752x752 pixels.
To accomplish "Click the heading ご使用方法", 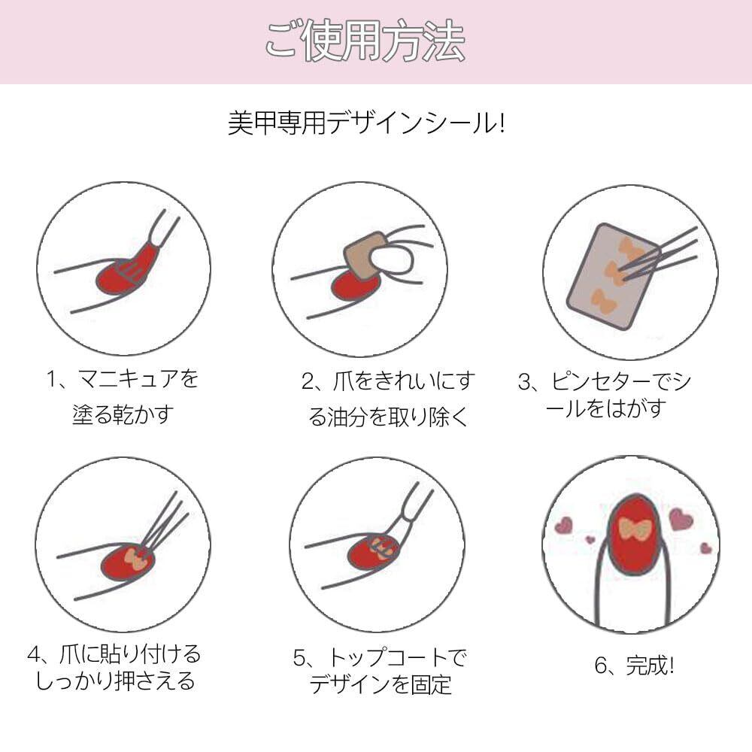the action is point(365,41).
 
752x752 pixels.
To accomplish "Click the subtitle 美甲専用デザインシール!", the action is point(366,123).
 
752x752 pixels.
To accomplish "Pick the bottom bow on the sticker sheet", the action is point(602,301).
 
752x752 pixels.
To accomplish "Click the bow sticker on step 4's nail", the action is point(135,560).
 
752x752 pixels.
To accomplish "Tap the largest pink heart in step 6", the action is point(681,519).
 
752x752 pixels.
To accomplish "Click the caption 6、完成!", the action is point(634,666).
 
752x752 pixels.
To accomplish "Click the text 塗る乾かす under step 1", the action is point(123,415).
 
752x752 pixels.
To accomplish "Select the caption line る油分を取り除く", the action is point(387,417).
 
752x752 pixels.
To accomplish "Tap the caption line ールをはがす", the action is point(606,409).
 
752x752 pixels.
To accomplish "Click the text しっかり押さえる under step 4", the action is point(115,681).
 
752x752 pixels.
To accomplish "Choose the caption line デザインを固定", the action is point(381,684).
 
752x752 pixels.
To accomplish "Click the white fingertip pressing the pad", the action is point(393,259).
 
